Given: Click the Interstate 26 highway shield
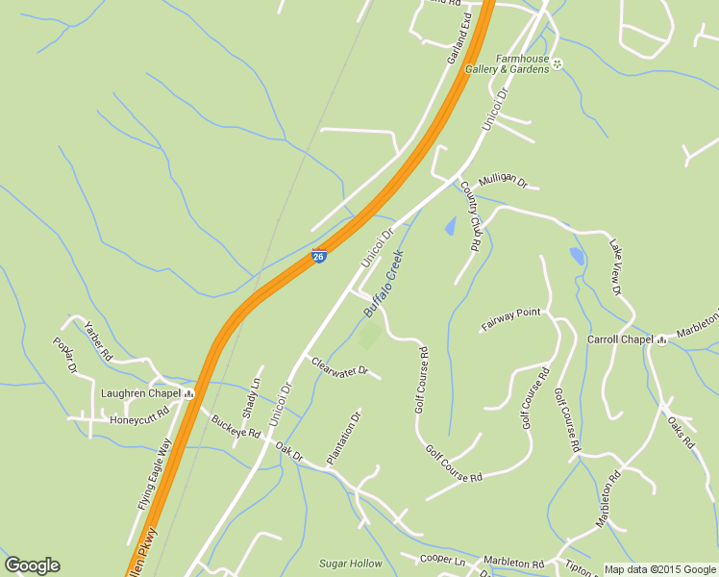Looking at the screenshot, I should click(x=319, y=256).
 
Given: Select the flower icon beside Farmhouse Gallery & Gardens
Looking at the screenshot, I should click(x=558, y=63).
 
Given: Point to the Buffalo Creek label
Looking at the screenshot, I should click(x=384, y=285).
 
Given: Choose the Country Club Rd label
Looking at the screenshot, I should click(x=469, y=216).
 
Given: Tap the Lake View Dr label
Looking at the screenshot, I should click(x=616, y=268).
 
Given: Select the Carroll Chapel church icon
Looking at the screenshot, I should click(x=661, y=339).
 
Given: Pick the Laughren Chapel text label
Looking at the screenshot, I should click(x=141, y=393).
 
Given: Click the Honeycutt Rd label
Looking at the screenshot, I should click(x=138, y=419).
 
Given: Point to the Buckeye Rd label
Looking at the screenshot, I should click(x=236, y=427).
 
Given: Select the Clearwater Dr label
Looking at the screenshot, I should click(x=338, y=366).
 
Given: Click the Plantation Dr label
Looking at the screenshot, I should click(x=344, y=438).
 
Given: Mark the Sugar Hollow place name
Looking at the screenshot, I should click(x=350, y=564).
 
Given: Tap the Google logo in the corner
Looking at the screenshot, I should click(x=32, y=565).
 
